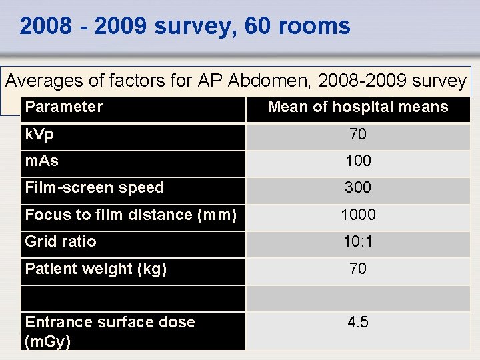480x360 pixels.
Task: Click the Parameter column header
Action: click(x=64, y=107)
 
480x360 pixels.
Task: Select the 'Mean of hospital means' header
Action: click(x=358, y=107)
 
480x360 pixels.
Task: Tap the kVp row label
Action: click(x=39, y=134)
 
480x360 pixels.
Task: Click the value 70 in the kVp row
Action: click(x=358, y=135)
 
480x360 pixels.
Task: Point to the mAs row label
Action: click(x=41, y=161)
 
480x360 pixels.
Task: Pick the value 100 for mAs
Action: click(x=358, y=161)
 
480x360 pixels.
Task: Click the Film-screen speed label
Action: click(x=94, y=188)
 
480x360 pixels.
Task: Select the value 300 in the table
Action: click(x=358, y=188)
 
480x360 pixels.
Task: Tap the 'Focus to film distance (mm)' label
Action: click(x=131, y=215)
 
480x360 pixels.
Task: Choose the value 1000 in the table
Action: click(x=358, y=215)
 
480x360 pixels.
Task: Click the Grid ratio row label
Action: click(x=61, y=241)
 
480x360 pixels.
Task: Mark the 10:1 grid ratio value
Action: click(x=358, y=242)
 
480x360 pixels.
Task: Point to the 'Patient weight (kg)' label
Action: click(x=96, y=269)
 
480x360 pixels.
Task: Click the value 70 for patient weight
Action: click(x=358, y=269)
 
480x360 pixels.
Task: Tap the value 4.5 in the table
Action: click(x=358, y=323)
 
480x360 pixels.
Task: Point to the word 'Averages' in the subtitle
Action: click(x=45, y=81)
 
